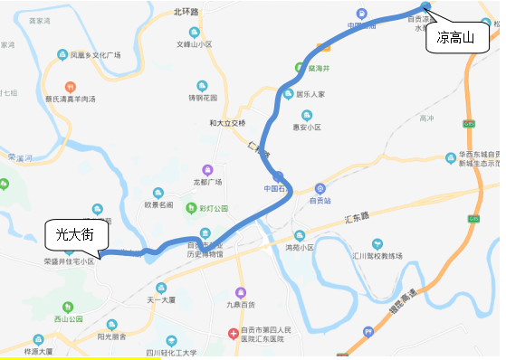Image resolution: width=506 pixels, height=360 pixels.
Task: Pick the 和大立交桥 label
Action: tap(226, 122)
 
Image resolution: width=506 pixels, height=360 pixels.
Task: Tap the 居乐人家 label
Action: tap(316, 93)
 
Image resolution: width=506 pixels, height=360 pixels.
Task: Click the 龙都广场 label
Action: tap(206, 182)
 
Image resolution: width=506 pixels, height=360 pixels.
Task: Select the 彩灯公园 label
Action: tap(213, 208)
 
